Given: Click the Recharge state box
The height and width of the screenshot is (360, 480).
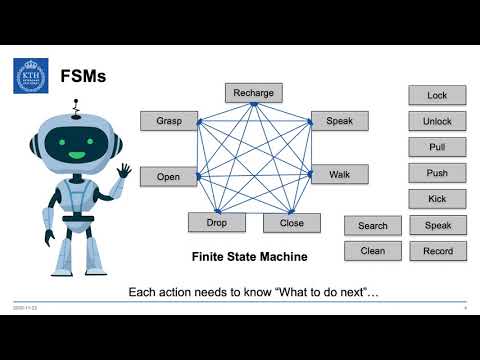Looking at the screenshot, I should (x=253, y=93).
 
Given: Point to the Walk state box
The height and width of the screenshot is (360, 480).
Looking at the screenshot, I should (x=339, y=175).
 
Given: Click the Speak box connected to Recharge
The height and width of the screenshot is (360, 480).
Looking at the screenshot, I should (x=339, y=121).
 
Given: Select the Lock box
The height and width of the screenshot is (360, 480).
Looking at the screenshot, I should (x=437, y=96).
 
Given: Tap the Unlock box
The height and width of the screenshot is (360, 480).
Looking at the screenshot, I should (x=437, y=122).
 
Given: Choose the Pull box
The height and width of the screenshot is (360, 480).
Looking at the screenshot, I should (x=437, y=148).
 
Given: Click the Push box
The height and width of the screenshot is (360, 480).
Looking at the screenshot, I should (x=437, y=173).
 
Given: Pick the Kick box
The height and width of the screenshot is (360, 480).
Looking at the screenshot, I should (x=437, y=199).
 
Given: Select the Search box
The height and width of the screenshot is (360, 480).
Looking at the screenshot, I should (x=372, y=226).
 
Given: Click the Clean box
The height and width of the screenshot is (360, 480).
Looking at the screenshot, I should (x=372, y=251).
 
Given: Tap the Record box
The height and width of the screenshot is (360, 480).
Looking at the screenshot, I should (x=437, y=251).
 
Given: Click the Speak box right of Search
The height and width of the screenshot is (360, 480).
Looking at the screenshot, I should (x=437, y=226).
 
